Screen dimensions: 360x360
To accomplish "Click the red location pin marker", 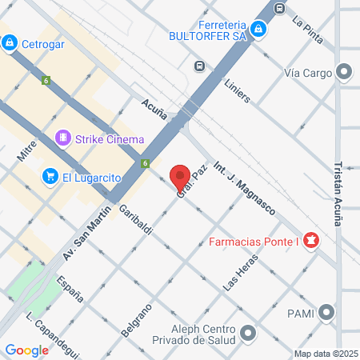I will pyautogui.click(x=181, y=176).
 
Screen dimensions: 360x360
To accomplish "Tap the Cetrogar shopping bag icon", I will pyautogui.click(x=10, y=42).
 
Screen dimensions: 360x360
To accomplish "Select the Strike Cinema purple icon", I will pyautogui.click(x=63, y=139).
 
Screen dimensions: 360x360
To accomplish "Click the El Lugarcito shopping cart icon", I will pyautogui.click(x=50, y=175).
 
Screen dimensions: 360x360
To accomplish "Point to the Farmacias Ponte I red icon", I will pyautogui.click(x=310, y=241).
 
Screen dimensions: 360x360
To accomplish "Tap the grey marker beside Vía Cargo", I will pyautogui.click(x=345, y=73).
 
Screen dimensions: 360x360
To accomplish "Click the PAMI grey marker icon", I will pyautogui.click(x=326, y=313).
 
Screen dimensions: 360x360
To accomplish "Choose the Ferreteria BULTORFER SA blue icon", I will pyautogui.click(x=258, y=30).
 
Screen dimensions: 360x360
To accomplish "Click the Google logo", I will pyautogui.click(x=26, y=350).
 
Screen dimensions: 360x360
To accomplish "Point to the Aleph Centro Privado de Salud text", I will pyautogui.click(x=194, y=337).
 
